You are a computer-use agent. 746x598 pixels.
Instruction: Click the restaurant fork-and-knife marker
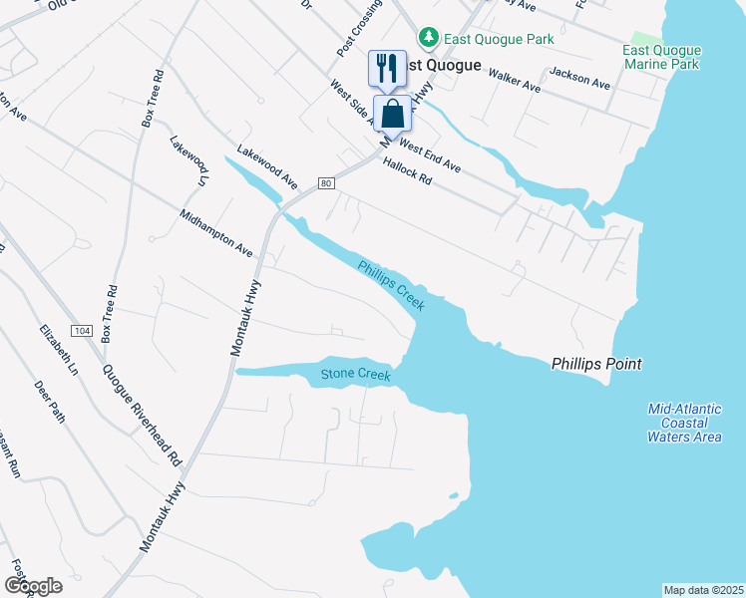point(387,68)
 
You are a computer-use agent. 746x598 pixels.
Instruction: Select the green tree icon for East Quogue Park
point(429,37)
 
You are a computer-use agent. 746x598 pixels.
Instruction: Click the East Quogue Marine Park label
point(662,58)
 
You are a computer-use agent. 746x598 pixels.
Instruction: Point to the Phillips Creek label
point(392,286)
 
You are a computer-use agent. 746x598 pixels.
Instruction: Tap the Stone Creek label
point(355,375)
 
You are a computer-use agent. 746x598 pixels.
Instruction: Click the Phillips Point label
point(596,364)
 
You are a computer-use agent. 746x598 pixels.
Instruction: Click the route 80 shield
point(326,183)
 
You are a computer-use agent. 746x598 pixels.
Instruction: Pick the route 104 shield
point(82,330)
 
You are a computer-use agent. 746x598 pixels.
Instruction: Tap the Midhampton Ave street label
point(216,233)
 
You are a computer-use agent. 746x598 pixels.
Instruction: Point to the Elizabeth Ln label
point(59,349)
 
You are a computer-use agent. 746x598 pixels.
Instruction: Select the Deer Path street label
point(49,401)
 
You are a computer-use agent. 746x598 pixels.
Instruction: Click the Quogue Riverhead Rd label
point(142,414)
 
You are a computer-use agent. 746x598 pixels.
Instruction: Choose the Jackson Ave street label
point(579,79)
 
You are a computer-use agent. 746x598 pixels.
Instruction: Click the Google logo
point(33,586)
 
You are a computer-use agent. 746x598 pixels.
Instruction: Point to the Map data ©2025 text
point(704,590)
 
